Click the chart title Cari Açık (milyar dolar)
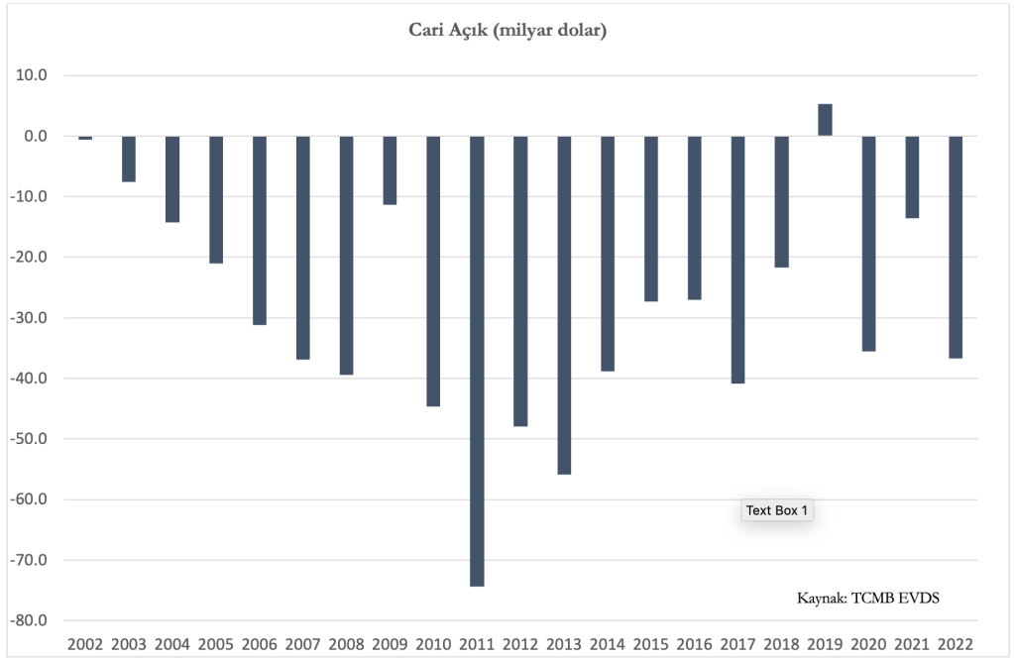pyautogui.click(x=507, y=31)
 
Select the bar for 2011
pyautogui.click(x=477, y=361)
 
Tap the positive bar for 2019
pyautogui.click(x=825, y=120)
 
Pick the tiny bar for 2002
pyautogui.click(x=85, y=138)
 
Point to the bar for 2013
pyautogui.click(x=564, y=304)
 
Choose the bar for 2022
pyautogui.click(x=956, y=247)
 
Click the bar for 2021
pyautogui.click(x=912, y=176)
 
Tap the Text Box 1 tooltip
pyautogui.click(x=778, y=511)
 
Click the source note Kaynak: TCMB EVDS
pyautogui.click(x=868, y=599)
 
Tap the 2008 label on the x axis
pyautogui.click(x=346, y=644)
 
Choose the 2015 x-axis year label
pyautogui.click(x=651, y=644)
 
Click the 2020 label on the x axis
pyautogui.click(x=868, y=644)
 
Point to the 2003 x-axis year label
pyautogui.click(x=129, y=644)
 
